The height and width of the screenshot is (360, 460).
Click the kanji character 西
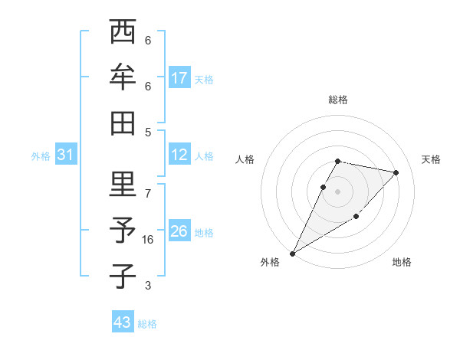point(123,34)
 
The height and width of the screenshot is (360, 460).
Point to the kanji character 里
point(123,186)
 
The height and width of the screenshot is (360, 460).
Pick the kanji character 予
point(123,231)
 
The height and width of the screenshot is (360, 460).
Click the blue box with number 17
point(179,78)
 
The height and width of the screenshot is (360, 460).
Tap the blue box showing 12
point(179,155)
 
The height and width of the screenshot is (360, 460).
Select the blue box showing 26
point(179,231)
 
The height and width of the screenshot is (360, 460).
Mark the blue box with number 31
point(66,155)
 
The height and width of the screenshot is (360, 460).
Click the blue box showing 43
point(123,322)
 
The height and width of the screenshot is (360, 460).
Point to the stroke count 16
point(148,240)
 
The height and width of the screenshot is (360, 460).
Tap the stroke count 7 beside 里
point(148,193)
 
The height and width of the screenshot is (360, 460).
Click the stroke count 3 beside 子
point(148,286)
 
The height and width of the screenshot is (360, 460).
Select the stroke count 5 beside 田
point(148,132)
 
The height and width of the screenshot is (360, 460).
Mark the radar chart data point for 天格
point(396,172)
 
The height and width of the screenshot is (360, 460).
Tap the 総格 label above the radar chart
point(338,100)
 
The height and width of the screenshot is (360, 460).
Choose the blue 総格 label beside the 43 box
point(148,324)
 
